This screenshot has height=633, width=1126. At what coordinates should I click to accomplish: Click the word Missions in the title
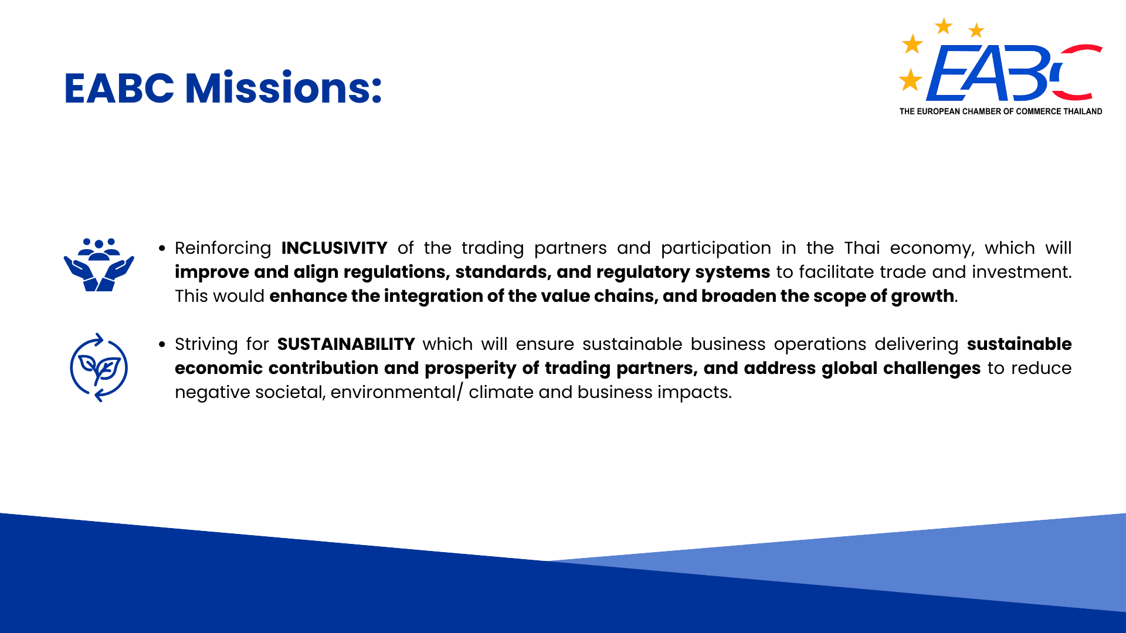click(284, 88)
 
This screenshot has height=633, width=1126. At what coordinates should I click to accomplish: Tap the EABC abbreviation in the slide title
click(119, 89)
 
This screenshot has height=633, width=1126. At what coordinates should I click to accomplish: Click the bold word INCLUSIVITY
click(334, 248)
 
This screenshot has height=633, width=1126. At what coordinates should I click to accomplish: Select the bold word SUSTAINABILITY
click(346, 344)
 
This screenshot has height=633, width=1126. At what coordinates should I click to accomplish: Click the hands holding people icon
click(99, 264)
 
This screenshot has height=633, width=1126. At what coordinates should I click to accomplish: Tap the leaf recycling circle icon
click(99, 367)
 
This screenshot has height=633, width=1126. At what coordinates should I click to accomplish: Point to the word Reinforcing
click(223, 249)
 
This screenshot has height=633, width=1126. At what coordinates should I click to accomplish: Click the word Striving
click(206, 345)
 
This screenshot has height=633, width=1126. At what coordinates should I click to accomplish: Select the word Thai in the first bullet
click(862, 248)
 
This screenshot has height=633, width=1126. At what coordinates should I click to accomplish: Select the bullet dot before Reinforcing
click(162, 249)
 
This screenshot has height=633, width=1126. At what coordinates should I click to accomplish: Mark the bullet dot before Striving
click(162, 345)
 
